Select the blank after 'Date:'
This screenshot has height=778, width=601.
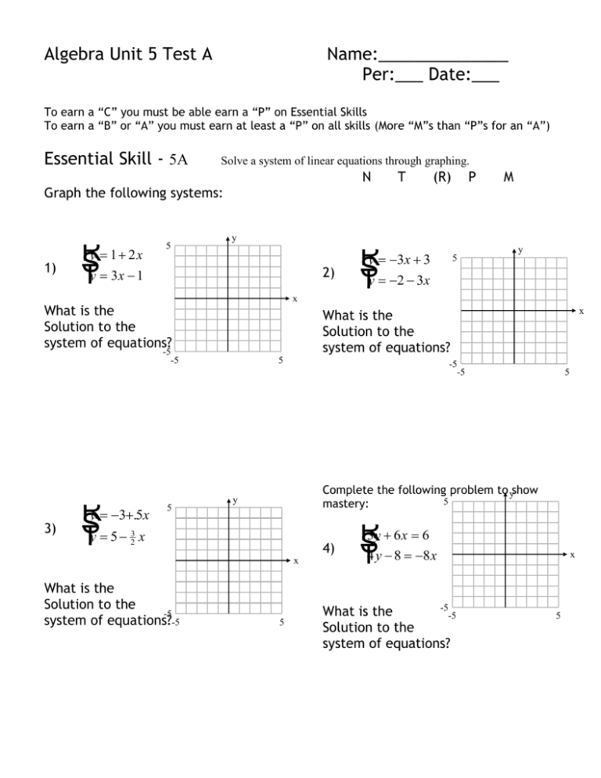486,81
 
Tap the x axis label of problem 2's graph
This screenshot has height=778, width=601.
581,311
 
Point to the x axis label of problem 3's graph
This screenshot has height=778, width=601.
296,561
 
